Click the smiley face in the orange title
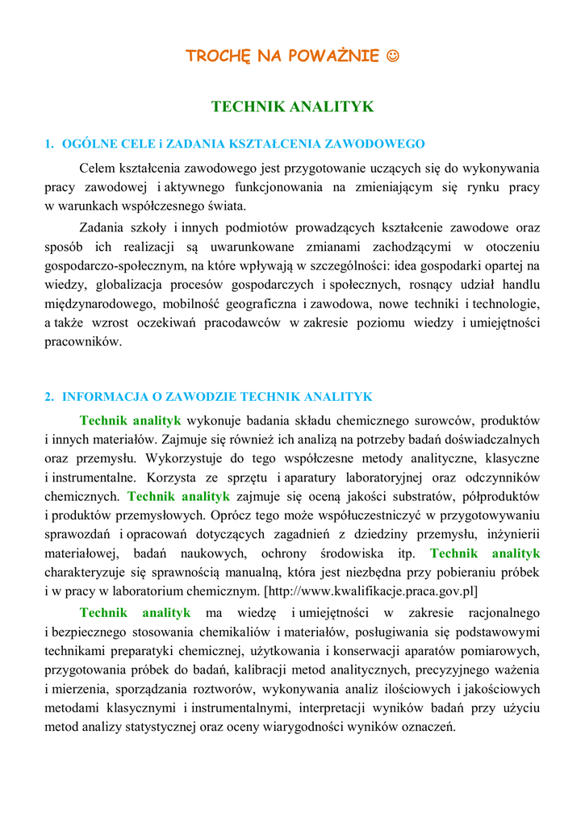click(392, 56)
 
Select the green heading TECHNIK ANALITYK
click(292, 106)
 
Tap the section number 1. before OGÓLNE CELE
click(48, 144)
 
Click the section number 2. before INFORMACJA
click(48, 397)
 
